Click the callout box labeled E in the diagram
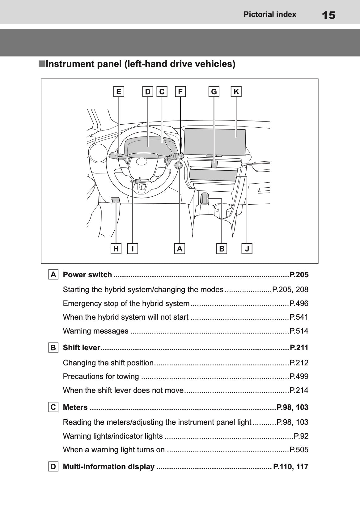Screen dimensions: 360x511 pos(119,92)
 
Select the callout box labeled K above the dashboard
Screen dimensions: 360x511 pos(236,92)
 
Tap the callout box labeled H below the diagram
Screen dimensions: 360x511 pos(116,249)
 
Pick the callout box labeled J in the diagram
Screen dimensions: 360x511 pos(247,249)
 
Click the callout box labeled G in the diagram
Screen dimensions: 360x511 pos(214,92)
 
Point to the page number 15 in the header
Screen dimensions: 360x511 pos(328,15)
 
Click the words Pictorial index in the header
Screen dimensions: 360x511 pos(270,14)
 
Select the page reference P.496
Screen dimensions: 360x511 pos(299,303)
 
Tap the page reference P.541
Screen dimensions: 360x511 pos(299,317)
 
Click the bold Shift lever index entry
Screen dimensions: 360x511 pos(82,347)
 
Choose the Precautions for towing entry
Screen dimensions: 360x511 pos(101,377)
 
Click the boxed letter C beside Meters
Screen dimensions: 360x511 pos(53,407)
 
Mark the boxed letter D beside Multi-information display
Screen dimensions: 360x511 pos(53,466)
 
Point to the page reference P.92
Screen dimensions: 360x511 pos(301,436)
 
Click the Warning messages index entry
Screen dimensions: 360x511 pos(95,331)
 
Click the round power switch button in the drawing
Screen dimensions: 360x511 pos(178,165)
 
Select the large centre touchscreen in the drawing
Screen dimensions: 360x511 pos(215,142)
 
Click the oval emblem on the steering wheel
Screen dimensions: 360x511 pos(142,161)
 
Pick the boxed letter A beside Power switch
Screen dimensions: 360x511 pos(53,275)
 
